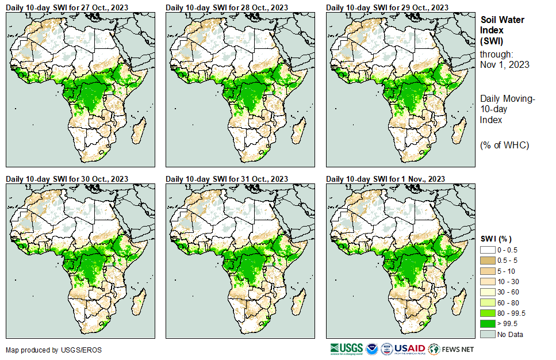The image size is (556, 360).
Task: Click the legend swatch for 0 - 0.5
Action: click(488, 250)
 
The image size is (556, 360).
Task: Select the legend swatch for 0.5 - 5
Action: click(488, 261)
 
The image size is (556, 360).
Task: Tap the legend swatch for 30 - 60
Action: click(488, 292)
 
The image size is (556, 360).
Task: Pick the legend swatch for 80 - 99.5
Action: click(488, 313)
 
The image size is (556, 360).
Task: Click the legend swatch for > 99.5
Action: click(488, 324)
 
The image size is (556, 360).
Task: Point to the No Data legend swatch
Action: click(488, 334)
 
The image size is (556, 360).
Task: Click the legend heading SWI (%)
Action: click(496, 239)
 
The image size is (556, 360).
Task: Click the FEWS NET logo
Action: click(452, 348)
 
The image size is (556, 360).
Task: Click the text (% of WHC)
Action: click(504, 145)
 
